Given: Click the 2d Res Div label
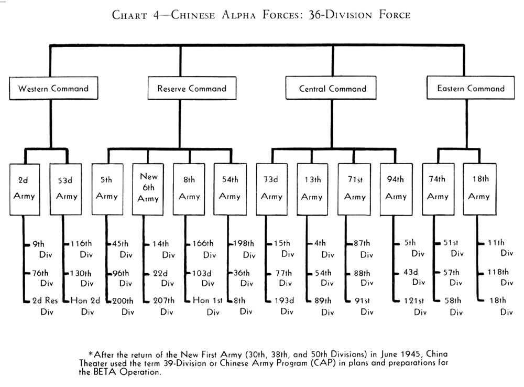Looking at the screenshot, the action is [x=45, y=306].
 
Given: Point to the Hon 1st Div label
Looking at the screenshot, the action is [x=208, y=306].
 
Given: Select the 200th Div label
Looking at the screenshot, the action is [x=123, y=306].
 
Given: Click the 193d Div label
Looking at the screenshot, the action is [x=285, y=306].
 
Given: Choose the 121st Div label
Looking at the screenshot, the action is [x=415, y=306].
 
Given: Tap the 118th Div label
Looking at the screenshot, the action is [x=500, y=277].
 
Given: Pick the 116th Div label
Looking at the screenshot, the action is [x=81, y=249].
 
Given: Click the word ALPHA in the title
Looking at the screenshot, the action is [x=239, y=15].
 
